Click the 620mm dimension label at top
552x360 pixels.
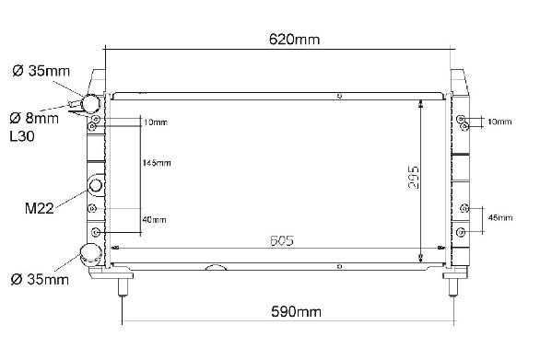[x=294, y=39]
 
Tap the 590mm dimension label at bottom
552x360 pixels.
[x=296, y=311]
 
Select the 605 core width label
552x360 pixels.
[x=282, y=240]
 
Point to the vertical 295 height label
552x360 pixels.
[x=414, y=178]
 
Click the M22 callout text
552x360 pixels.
[x=39, y=208]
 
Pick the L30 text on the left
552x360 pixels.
[x=22, y=136]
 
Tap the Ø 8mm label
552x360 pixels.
[x=34, y=118]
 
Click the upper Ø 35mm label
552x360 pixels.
[x=41, y=71]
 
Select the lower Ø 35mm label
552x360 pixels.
[x=40, y=280]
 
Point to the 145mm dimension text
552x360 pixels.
[x=157, y=163]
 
